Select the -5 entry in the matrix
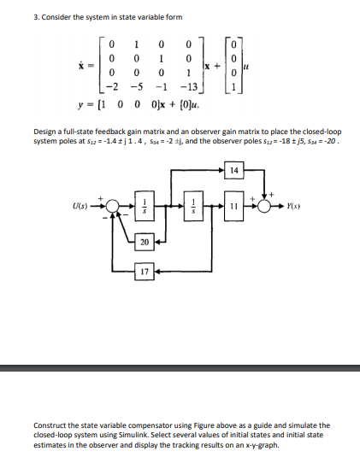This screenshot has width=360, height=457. pos(133,87)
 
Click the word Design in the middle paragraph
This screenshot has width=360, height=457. pos(45,132)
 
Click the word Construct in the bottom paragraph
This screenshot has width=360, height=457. pos(50,425)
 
